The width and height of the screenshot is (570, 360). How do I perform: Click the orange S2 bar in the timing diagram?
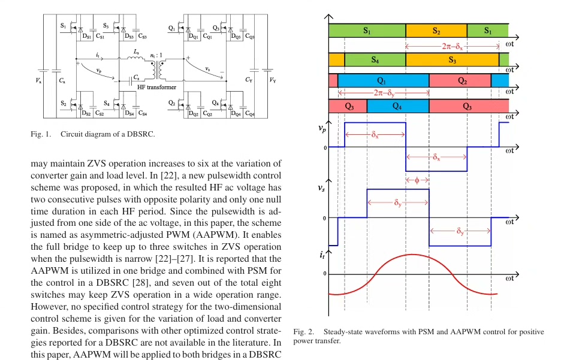pos(436,31)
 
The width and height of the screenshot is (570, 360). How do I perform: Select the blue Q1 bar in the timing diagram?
pos(382,81)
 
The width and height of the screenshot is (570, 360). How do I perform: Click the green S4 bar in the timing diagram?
pos(375,60)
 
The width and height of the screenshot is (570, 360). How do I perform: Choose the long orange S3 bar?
pos(452,60)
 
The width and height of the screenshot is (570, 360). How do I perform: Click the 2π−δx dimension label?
pos(452,46)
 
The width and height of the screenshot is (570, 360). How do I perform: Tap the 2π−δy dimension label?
pos(384,93)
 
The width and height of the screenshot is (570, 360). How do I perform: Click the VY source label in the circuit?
pos(273,80)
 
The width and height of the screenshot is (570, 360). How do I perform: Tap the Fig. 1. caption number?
pos(41,134)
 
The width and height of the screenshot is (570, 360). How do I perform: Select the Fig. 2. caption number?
pos(304,332)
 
